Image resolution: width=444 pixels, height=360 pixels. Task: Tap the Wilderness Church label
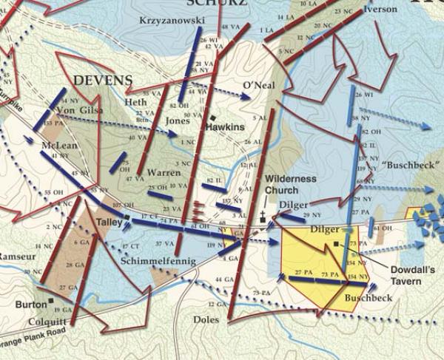click(x=291, y=185)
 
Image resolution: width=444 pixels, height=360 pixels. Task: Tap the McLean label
click(x=60, y=146)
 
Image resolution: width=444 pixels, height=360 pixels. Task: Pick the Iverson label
click(x=380, y=10)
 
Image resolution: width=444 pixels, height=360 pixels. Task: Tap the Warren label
click(x=164, y=173)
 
